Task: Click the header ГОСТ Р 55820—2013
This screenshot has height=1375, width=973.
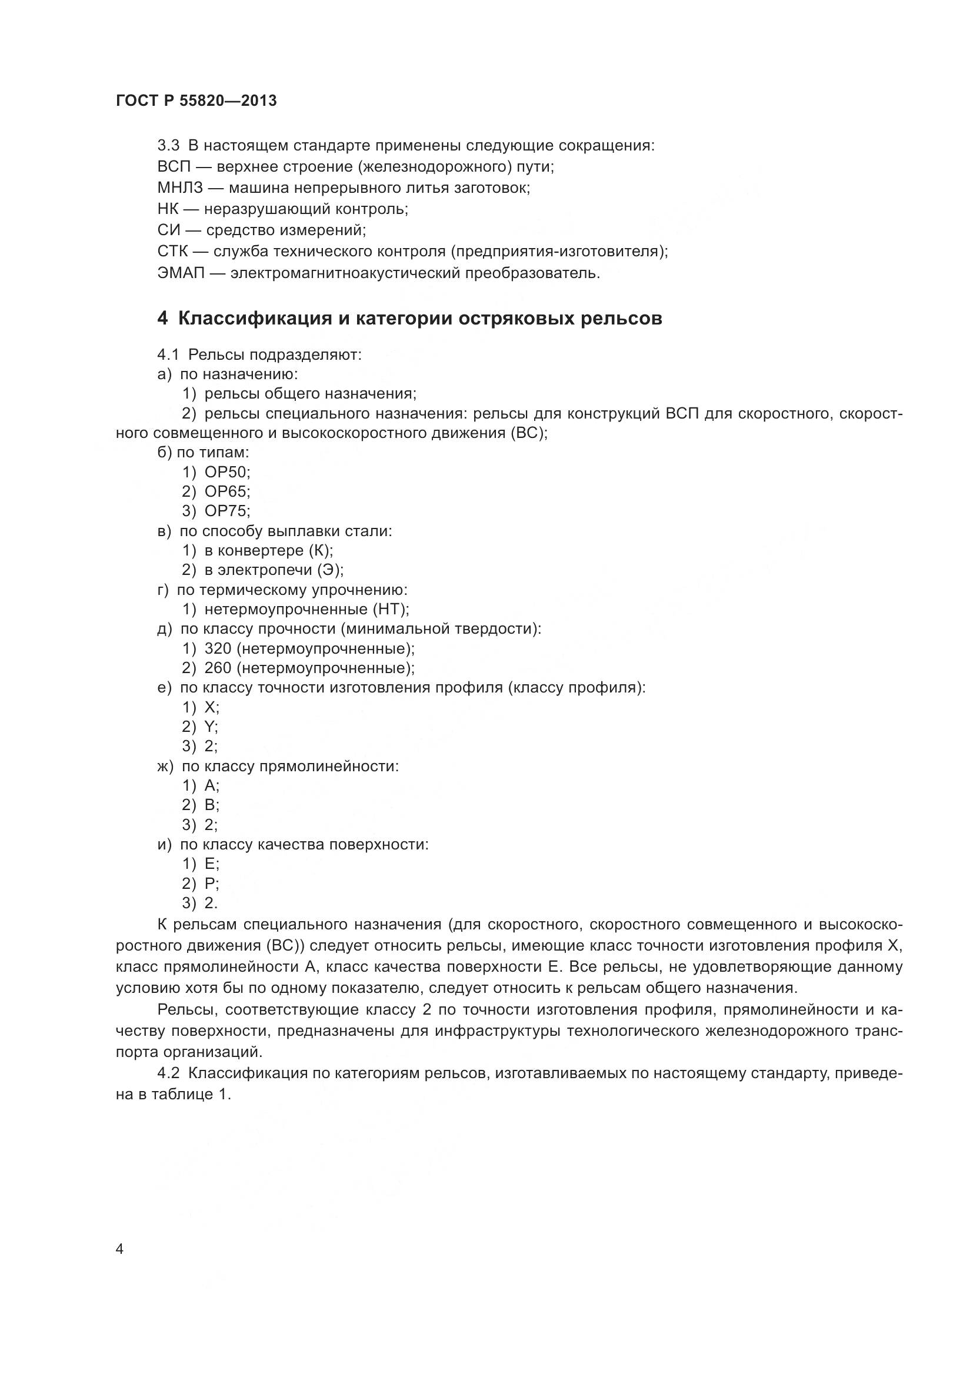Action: tap(196, 101)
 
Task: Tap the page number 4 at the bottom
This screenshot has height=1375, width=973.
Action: tap(119, 1249)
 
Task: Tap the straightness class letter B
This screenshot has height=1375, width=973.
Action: tap(209, 805)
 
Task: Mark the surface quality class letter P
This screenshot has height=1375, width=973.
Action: tap(209, 884)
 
